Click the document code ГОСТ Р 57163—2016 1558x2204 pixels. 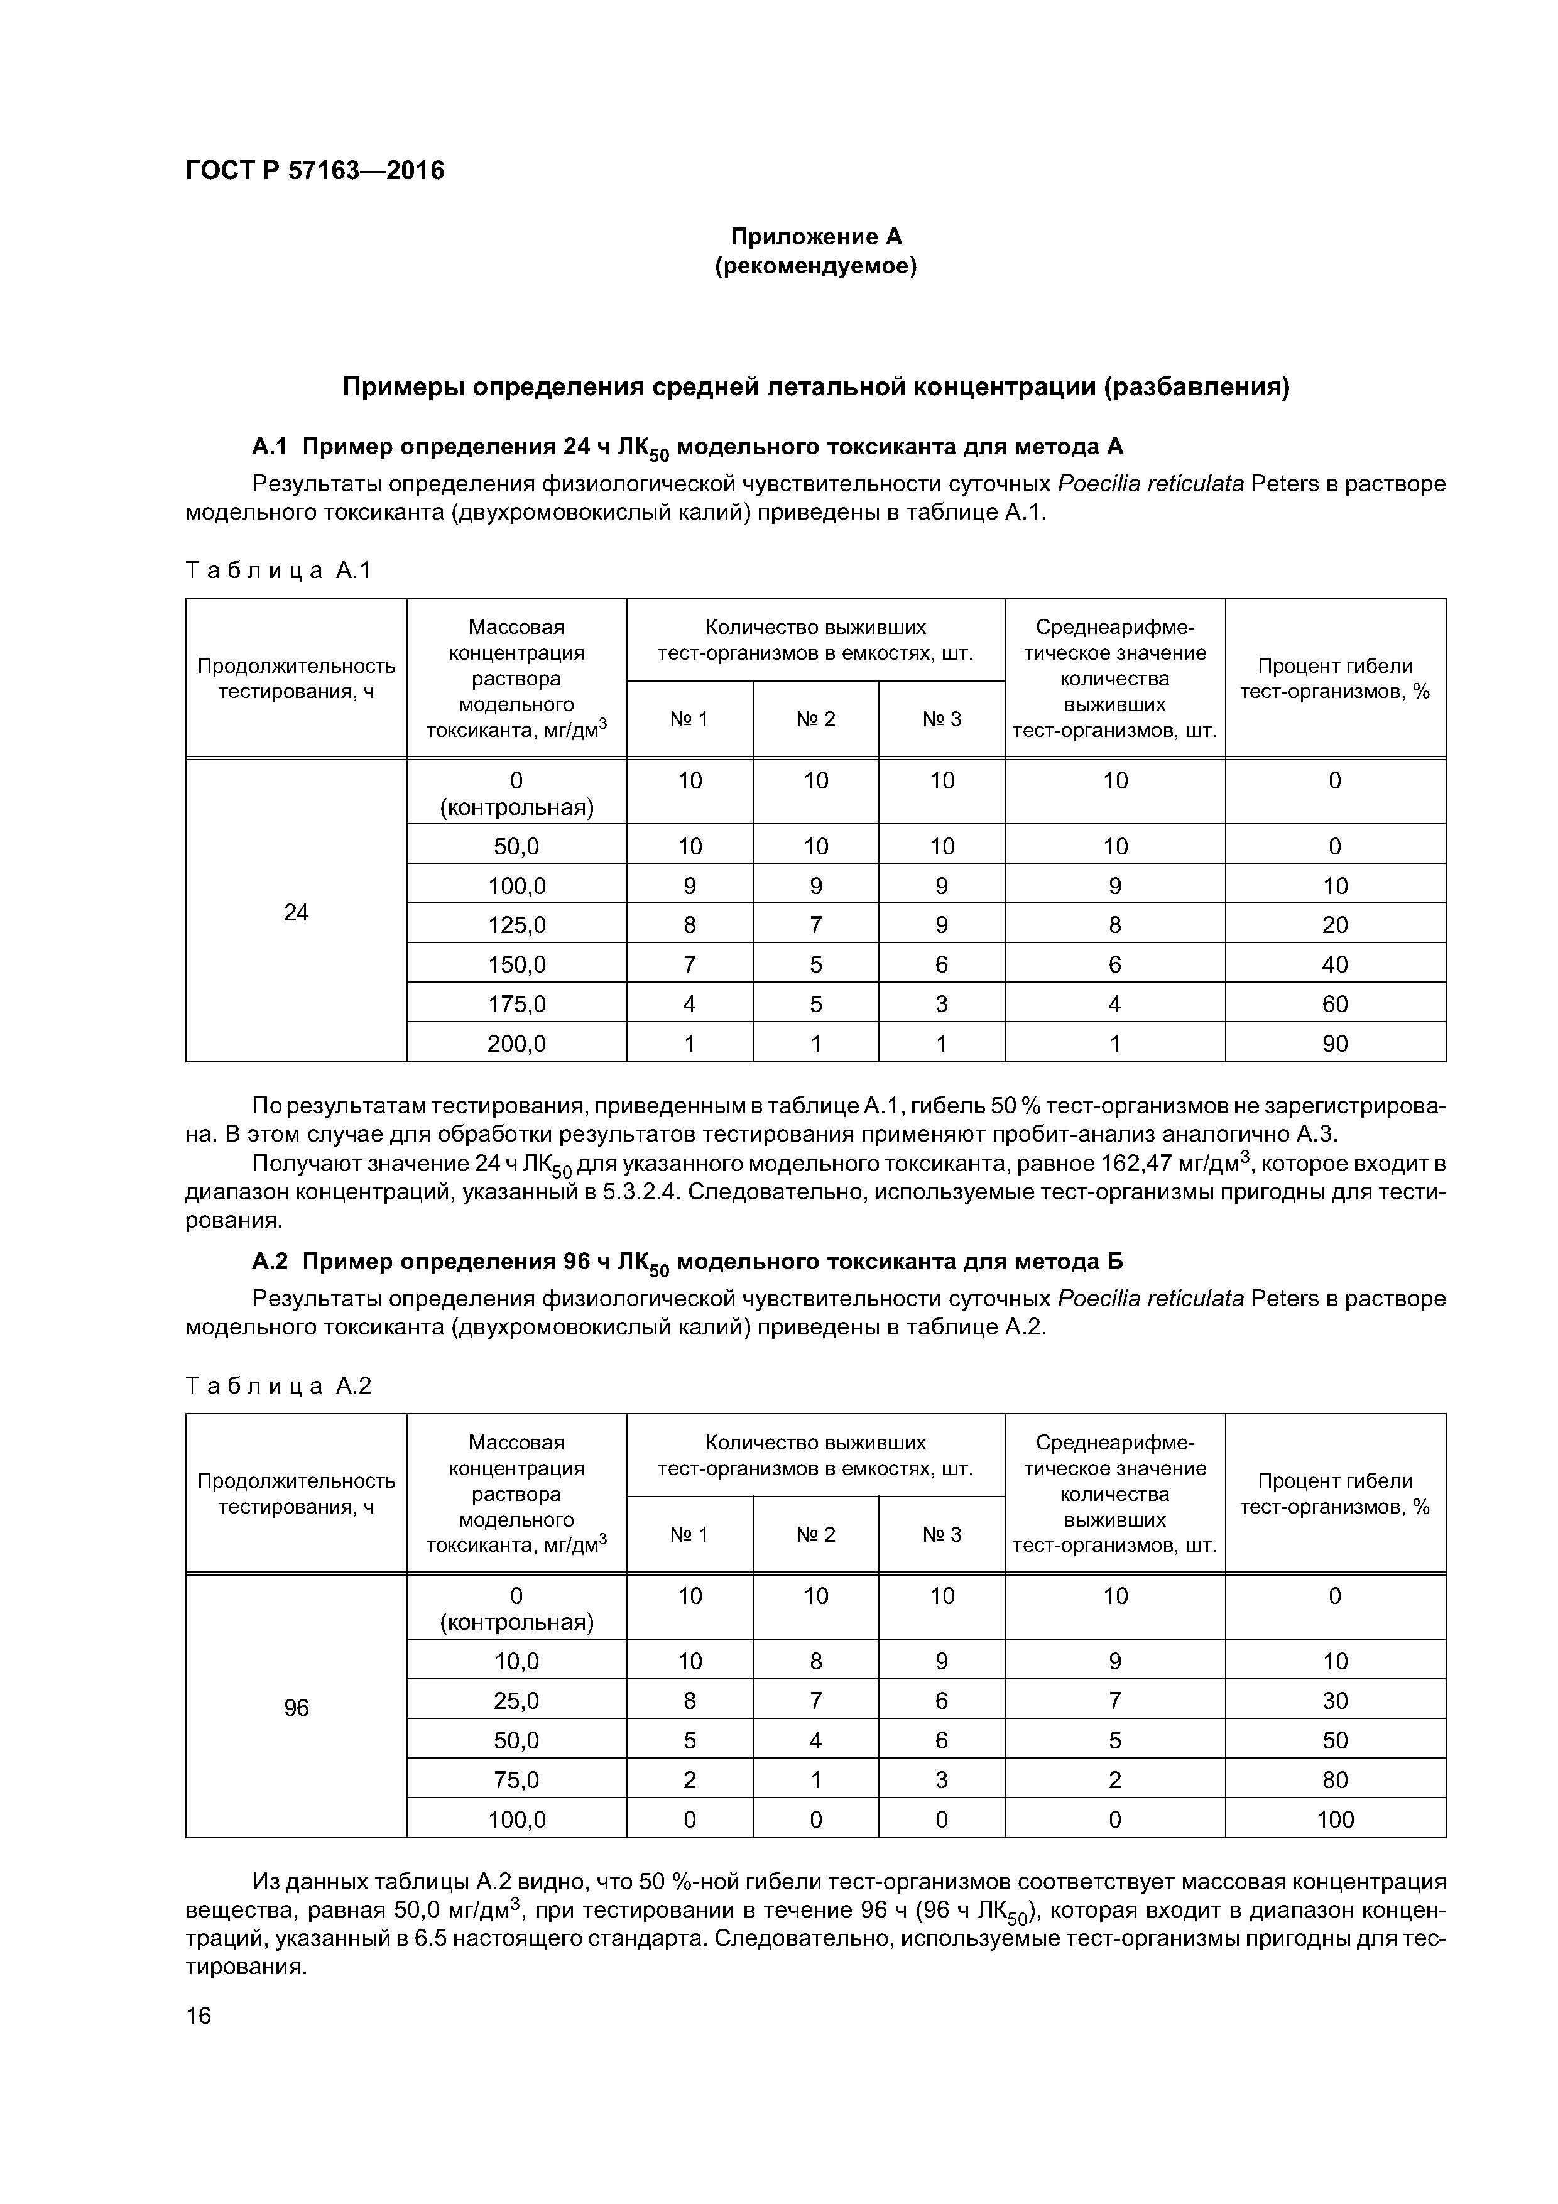point(315,171)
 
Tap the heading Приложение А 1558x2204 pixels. point(816,236)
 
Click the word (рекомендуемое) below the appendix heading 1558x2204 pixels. point(816,266)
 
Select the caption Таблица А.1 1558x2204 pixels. point(278,571)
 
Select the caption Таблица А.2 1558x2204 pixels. point(278,1386)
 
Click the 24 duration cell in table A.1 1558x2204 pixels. point(296,912)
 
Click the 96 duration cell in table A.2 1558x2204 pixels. point(296,1708)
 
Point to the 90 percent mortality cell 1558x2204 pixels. point(1334,1044)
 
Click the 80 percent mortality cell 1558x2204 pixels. point(1334,1780)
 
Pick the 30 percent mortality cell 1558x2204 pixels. point(1334,1701)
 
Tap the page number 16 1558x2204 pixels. point(199,2016)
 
